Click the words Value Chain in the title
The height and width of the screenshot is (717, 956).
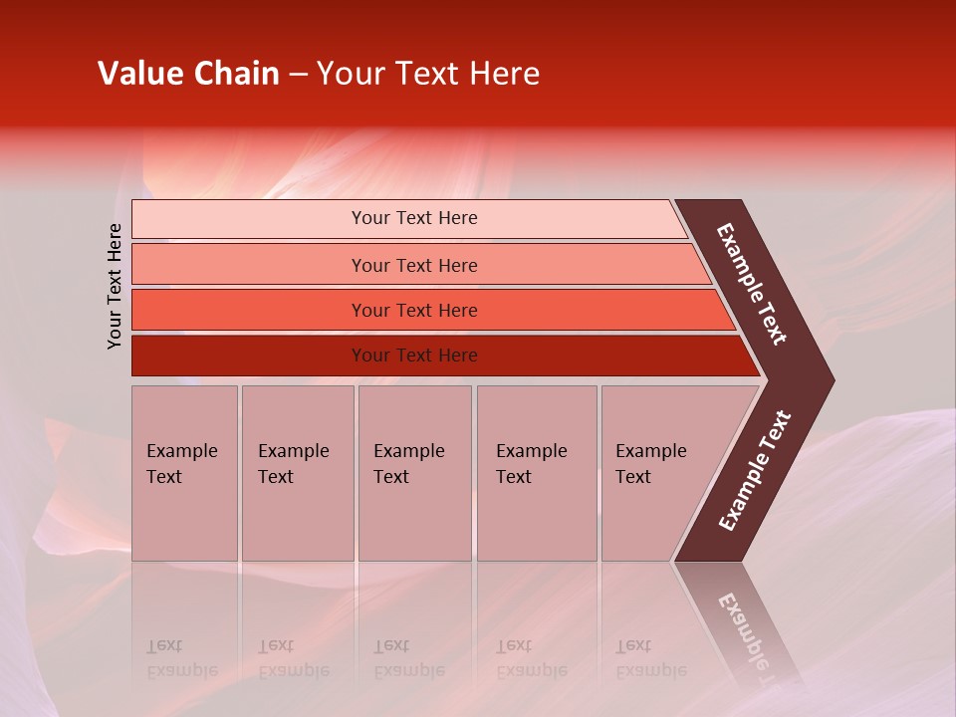(188, 74)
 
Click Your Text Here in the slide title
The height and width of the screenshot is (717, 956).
(428, 74)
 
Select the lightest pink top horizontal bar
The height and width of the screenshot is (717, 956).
(249, 219)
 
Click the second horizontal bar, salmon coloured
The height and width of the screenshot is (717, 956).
(249, 265)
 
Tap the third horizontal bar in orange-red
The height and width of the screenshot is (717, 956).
(249, 310)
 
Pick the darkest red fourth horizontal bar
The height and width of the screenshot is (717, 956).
(249, 356)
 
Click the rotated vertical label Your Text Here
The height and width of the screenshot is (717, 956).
(115, 287)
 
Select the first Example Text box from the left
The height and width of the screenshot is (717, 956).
(184, 473)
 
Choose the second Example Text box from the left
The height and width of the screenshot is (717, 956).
(297, 473)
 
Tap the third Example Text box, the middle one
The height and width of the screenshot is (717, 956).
(414, 473)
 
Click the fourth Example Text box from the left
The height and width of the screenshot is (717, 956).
(536, 473)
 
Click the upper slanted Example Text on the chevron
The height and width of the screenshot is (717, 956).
(752, 284)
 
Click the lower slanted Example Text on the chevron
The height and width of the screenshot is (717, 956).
(755, 470)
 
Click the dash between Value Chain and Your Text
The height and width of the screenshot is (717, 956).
(297, 75)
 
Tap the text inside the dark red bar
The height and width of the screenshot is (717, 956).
(414, 356)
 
